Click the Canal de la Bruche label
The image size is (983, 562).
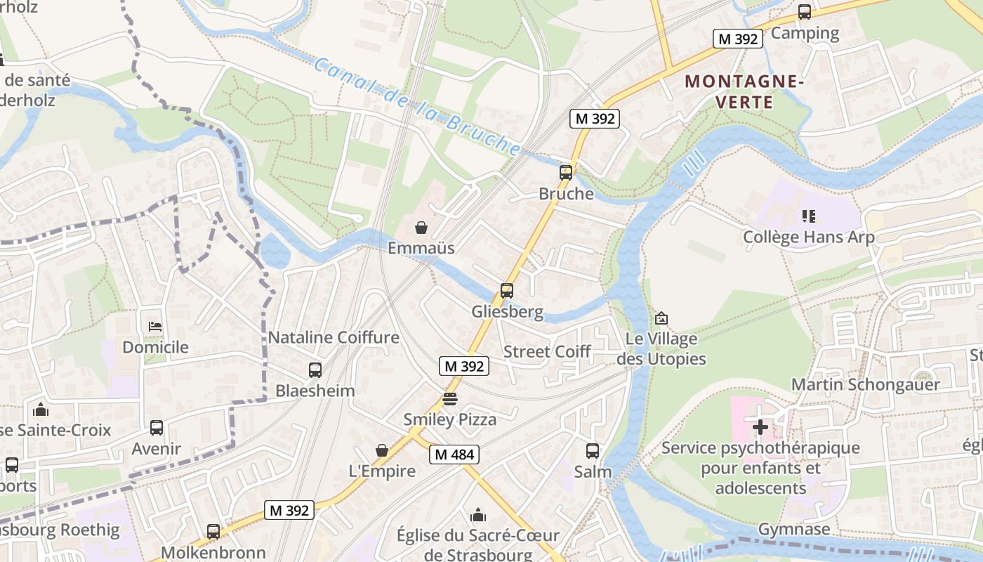click(418, 106)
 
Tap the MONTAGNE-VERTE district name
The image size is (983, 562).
click(744, 92)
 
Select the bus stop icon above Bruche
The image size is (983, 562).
click(566, 172)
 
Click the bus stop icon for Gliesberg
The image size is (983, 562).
click(507, 290)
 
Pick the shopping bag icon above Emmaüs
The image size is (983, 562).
click(421, 228)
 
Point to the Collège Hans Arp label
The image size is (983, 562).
click(809, 237)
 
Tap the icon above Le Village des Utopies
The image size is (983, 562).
click(661, 318)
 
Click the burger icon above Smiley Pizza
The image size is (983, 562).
click(450, 399)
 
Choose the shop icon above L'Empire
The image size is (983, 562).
click(382, 450)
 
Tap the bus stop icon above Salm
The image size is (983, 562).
click(593, 450)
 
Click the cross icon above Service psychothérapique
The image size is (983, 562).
click(760, 426)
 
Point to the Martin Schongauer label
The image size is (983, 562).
click(865, 384)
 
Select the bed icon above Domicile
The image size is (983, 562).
click(155, 327)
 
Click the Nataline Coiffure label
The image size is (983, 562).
click(334, 337)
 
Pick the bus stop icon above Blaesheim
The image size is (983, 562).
click(315, 370)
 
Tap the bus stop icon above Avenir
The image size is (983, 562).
click(157, 427)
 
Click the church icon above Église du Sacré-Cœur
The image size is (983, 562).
click(478, 515)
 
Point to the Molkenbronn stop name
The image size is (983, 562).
click(213, 552)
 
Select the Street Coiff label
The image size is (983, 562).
click(547, 351)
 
